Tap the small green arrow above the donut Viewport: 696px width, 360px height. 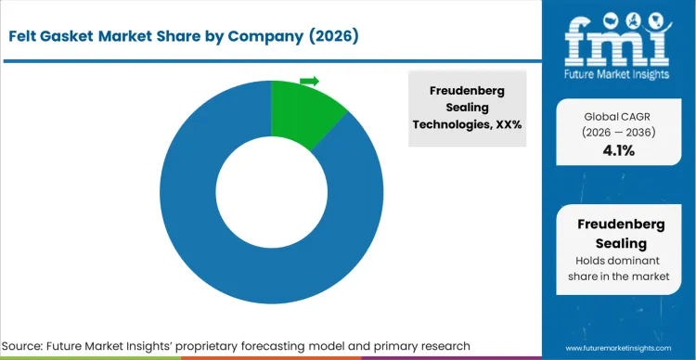tap(310, 81)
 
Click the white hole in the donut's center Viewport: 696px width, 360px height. tap(271, 192)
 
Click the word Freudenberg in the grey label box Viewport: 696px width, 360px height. tap(470, 91)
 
